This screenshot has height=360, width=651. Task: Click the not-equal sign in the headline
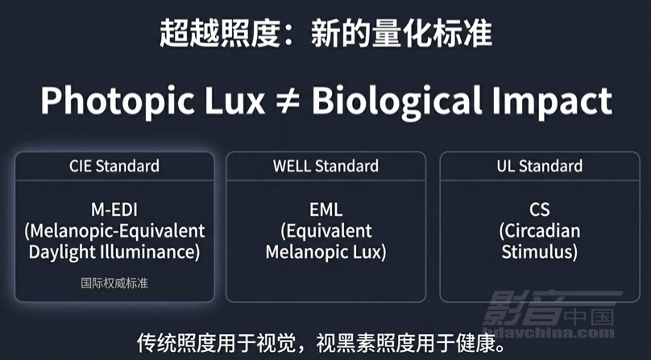tap(288, 101)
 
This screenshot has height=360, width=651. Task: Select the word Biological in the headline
tap(397, 101)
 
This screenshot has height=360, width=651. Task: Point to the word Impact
tap(552, 102)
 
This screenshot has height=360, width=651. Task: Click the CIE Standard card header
tap(114, 166)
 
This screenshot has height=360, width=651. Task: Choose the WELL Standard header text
tap(326, 166)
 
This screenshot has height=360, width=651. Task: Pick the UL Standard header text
tap(540, 166)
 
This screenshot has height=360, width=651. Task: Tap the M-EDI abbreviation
tap(114, 209)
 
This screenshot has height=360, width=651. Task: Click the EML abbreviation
tap(326, 209)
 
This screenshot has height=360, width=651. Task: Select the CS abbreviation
tap(540, 209)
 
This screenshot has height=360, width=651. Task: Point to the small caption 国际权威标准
tap(114, 283)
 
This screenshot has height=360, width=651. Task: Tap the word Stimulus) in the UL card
tap(539, 253)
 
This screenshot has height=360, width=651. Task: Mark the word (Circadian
tap(540, 231)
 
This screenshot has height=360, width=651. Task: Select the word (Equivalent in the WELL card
tap(326, 231)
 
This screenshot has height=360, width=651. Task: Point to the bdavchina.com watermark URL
tap(549, 332)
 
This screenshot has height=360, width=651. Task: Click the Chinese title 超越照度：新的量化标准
tap(326, 33)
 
